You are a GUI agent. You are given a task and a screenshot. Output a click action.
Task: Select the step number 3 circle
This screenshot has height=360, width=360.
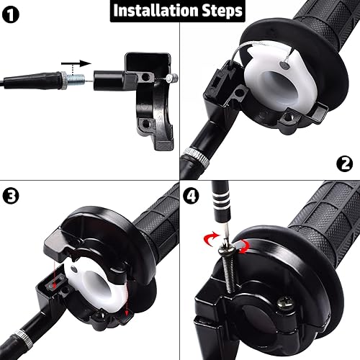point(12,194)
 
